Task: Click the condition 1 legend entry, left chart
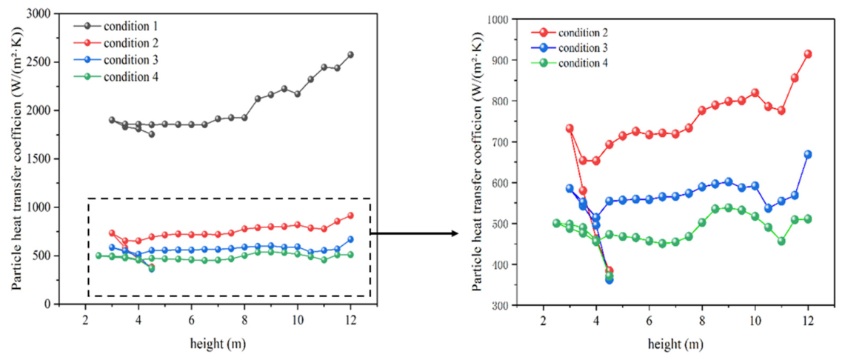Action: pyautogui.click(x=118, y=24)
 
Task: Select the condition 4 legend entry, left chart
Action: pyautogui.click(x=118, y=76)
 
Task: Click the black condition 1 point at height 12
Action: pyautogui.click(x=350, y=54)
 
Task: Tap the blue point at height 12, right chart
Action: pyautogui.click(x=808, y=154)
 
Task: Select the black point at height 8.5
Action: pyautogui.click(x=258, y=99)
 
